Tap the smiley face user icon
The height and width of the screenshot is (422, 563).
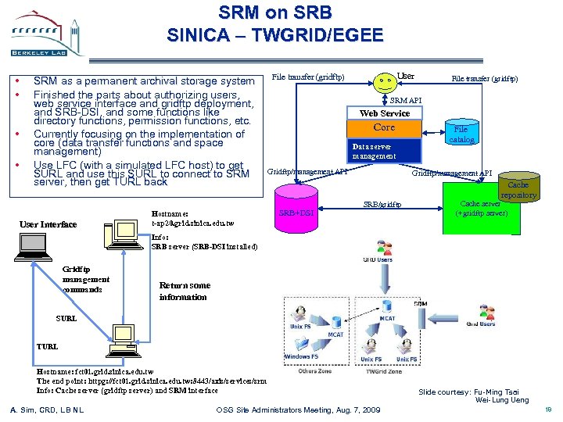click(x=384, y=80)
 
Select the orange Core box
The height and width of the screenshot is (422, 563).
click(x=384, y=127)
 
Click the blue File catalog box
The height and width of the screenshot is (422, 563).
click(x=461, y=134)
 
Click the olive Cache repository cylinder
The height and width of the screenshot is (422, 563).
click(x=518, y=188)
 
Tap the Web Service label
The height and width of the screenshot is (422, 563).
click(x=384, y=113)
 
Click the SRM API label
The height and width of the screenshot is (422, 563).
click(x=405, y=100)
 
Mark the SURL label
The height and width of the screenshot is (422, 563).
click(x=66, y=319)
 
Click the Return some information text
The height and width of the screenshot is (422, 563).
click(x=185, y=291)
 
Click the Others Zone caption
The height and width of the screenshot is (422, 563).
click(x=314, y=371)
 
